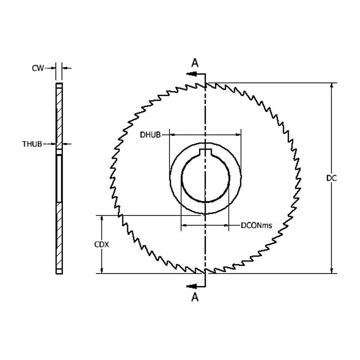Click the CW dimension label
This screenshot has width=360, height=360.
pos(38,68)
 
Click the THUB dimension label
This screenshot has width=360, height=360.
pos(32,144)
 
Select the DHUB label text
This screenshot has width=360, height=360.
pos(150,135)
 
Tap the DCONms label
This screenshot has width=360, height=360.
pos(256,225)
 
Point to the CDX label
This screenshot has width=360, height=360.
pos(102,244)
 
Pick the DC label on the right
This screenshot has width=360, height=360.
pos(331,178)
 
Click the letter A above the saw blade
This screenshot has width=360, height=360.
pos(195,63)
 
